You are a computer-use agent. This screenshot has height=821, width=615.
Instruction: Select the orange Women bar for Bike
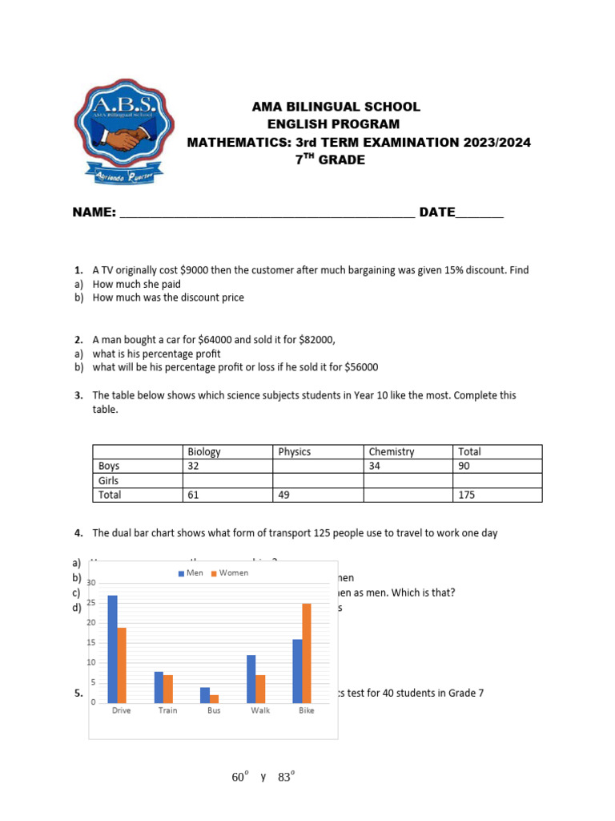307,653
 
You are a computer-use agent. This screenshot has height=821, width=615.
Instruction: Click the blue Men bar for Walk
251,678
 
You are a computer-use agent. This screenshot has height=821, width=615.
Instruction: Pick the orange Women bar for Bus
214,698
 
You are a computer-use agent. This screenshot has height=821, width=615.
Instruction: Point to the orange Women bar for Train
168,689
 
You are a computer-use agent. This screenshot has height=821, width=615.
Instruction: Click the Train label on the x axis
167,710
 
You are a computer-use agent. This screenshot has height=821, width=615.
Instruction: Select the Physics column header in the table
295,451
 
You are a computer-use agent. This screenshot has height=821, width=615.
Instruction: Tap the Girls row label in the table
108,480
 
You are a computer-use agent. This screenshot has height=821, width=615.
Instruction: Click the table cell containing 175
466,495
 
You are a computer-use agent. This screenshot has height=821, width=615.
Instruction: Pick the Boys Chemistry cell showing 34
375,466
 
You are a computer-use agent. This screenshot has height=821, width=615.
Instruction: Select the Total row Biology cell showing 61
193,495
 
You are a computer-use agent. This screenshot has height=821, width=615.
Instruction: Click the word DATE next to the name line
436,212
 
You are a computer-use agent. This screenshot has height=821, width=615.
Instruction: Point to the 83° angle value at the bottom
287,778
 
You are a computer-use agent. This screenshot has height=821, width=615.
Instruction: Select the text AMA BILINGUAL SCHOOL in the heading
324,107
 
